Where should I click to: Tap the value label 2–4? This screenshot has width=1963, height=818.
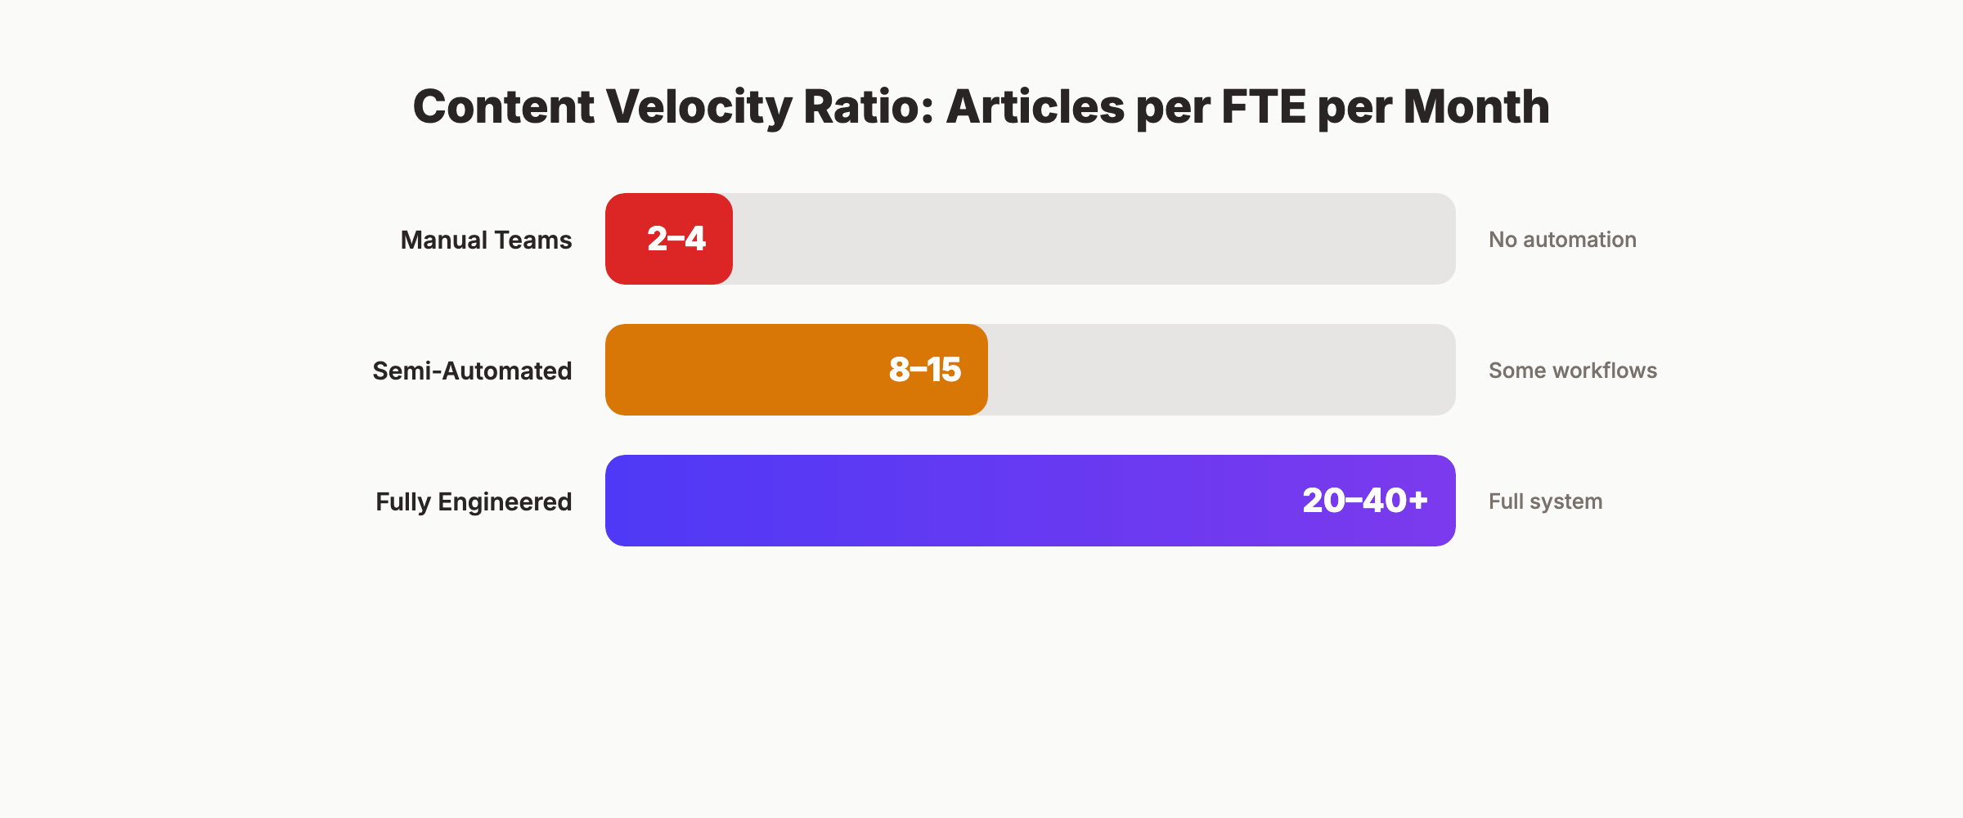pos(676,239)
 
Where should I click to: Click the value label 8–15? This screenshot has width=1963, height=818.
pos(924,370)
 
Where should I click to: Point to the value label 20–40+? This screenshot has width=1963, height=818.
pos(1364,501)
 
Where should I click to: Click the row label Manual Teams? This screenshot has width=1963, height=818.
pos(486,240)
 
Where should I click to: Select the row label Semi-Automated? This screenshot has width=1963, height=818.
pos(472,371)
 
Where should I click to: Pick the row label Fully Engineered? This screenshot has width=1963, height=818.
pos(474,501)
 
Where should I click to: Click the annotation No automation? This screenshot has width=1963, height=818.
pos(1562,240)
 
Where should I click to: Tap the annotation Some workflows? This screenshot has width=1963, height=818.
pos(1572,371)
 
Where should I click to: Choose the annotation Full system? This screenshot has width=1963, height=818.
pos(1545,501)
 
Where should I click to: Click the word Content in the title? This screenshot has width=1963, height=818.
pos(503,107)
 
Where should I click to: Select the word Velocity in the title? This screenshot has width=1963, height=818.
pos(698,107)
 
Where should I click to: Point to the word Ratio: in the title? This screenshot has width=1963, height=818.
pos(868,107)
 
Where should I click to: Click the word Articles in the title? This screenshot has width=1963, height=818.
pos(1035,107)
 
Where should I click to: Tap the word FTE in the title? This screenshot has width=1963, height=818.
pos(1264,107)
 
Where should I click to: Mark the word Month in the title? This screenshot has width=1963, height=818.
pos(1476,107)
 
